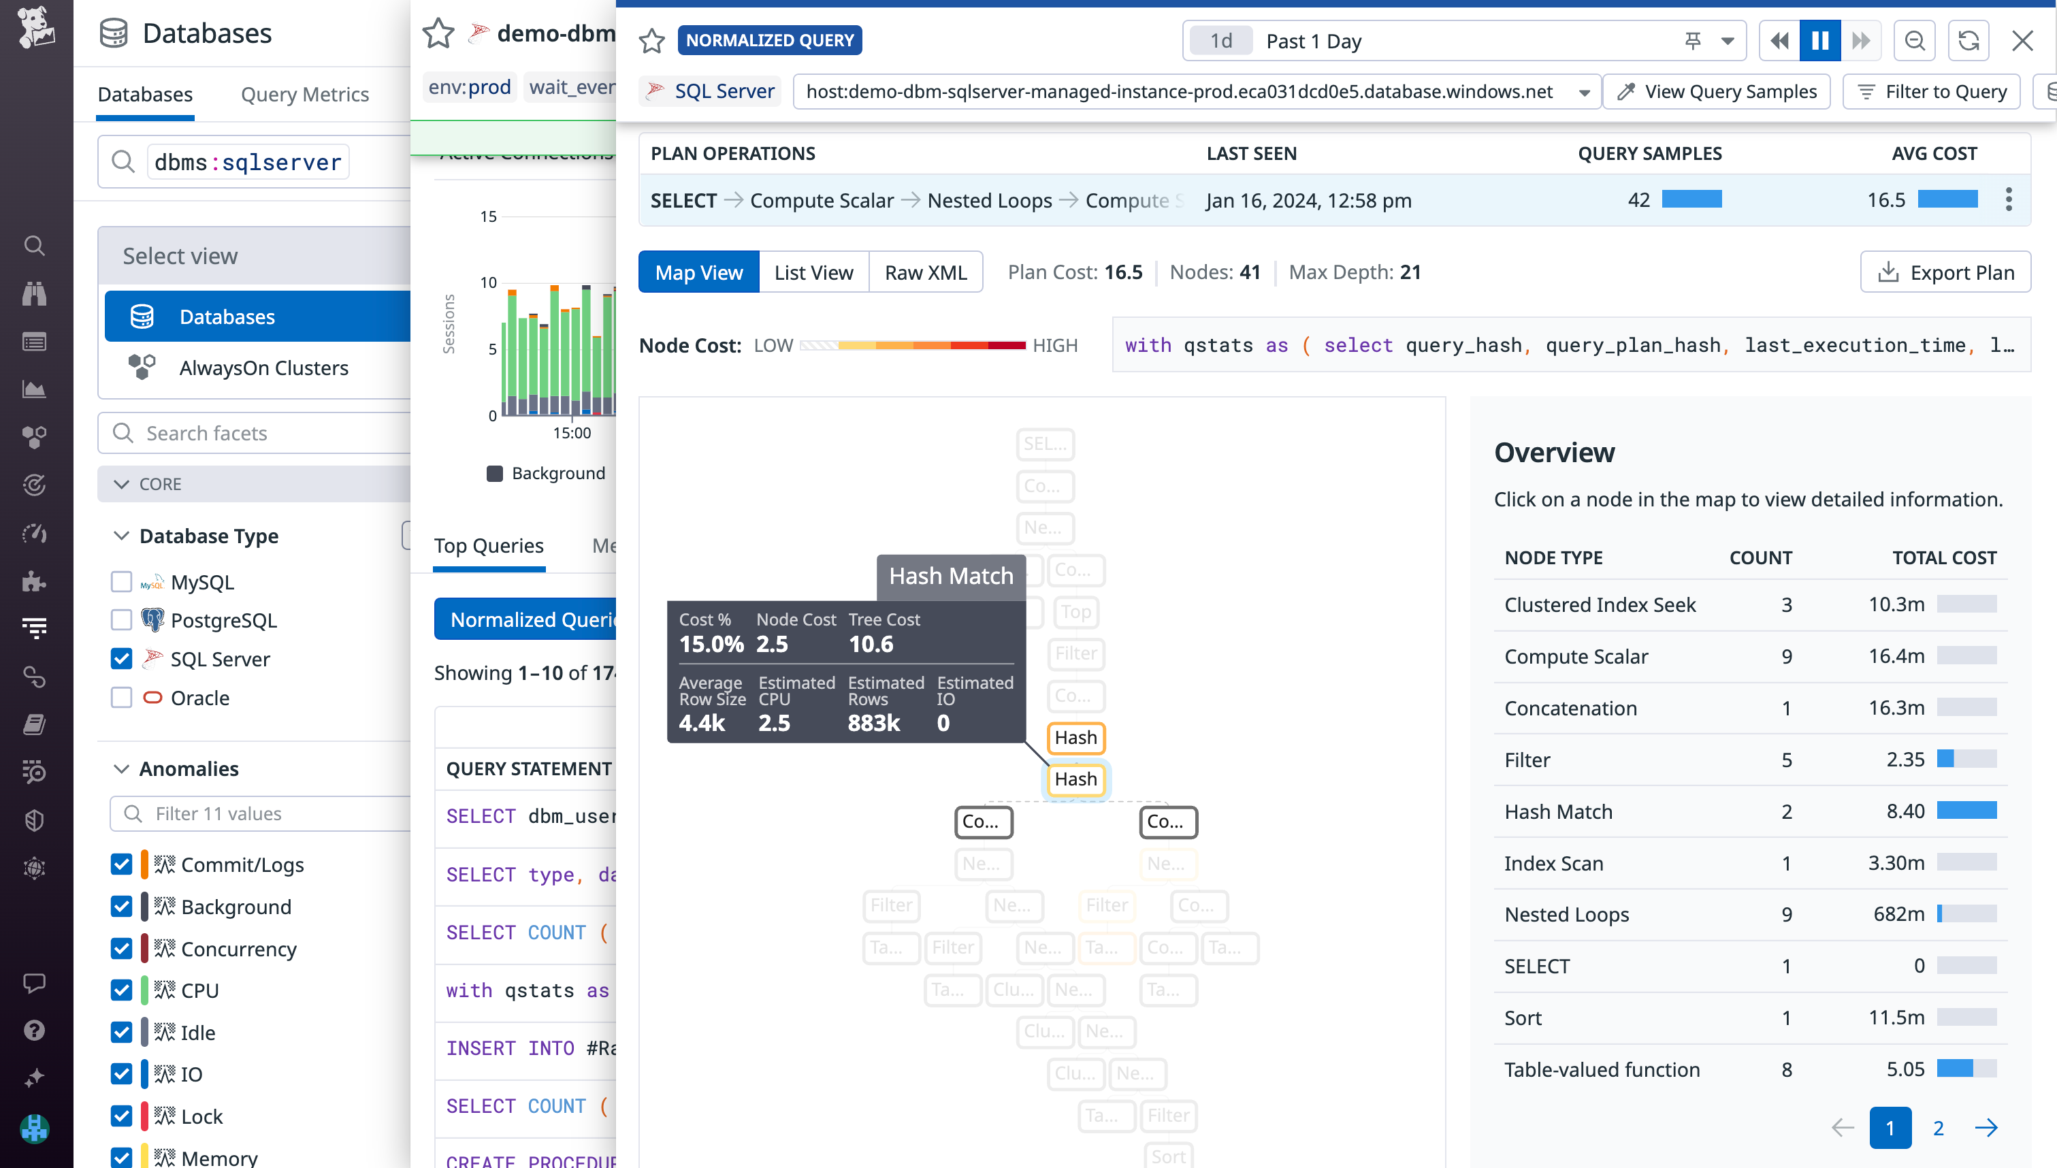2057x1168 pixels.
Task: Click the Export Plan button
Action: point(1945,273)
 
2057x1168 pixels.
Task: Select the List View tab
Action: point(813,273)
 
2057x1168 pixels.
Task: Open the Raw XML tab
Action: point(926,273)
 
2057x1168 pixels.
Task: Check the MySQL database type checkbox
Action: point(121,581)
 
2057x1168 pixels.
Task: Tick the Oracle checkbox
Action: point(121,698)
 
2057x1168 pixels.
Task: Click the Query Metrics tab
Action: point(305,95)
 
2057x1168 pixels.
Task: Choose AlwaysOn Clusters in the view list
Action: point(263,368)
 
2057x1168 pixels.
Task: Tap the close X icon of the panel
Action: point(2022,41)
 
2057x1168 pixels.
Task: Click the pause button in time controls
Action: point(1819,41)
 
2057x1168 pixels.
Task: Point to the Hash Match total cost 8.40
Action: point(1905,812)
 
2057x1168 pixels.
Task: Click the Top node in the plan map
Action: point(1075,612)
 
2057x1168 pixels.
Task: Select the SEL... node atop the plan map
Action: point(1045,444)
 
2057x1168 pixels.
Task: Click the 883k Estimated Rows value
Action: point(873,724)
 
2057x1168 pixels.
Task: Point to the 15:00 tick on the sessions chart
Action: point(572,433)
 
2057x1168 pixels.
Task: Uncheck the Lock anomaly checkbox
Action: point(121,1116)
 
